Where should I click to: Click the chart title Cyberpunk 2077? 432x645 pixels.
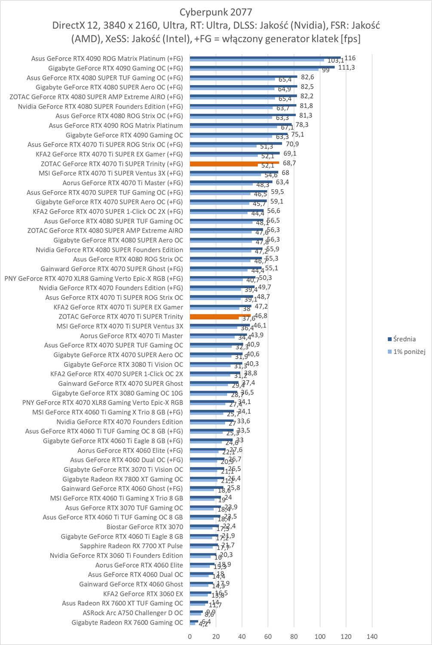pyautogui.click(x=216, y=11)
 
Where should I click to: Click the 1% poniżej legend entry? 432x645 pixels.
pyautogui.click(x=409, y=351)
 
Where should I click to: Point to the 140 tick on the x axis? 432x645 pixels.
pyautogui.click(x=372, y=636)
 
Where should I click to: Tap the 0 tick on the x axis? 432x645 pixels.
pyautogui.click(x=190, y=636)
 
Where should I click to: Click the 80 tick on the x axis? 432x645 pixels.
pyautogui.click(x=294, y=636)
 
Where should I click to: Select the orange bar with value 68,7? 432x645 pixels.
pyautogui.click(x=234, y=163)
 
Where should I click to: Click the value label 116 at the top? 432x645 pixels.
pyautogui.click(x=350, y=58)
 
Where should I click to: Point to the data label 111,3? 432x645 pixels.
pyautogui.click(x=346, y=68)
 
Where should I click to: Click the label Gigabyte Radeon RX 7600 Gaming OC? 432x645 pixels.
pyautogui.click(x=127, y=622)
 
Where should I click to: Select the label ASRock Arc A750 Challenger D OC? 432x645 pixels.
pyautogui.click(x=133, y=613)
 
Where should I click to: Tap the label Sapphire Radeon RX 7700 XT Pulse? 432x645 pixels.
pyautogui.click(x=132, y=546)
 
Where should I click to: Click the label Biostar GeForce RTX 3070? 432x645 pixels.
pyautogui.click(x=145, y=527)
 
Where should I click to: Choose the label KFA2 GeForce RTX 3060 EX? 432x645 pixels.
pyautogui.click(x=143, y=593)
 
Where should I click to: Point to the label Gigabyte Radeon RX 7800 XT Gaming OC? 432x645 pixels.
pyautogui.click(x=123, y=479)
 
